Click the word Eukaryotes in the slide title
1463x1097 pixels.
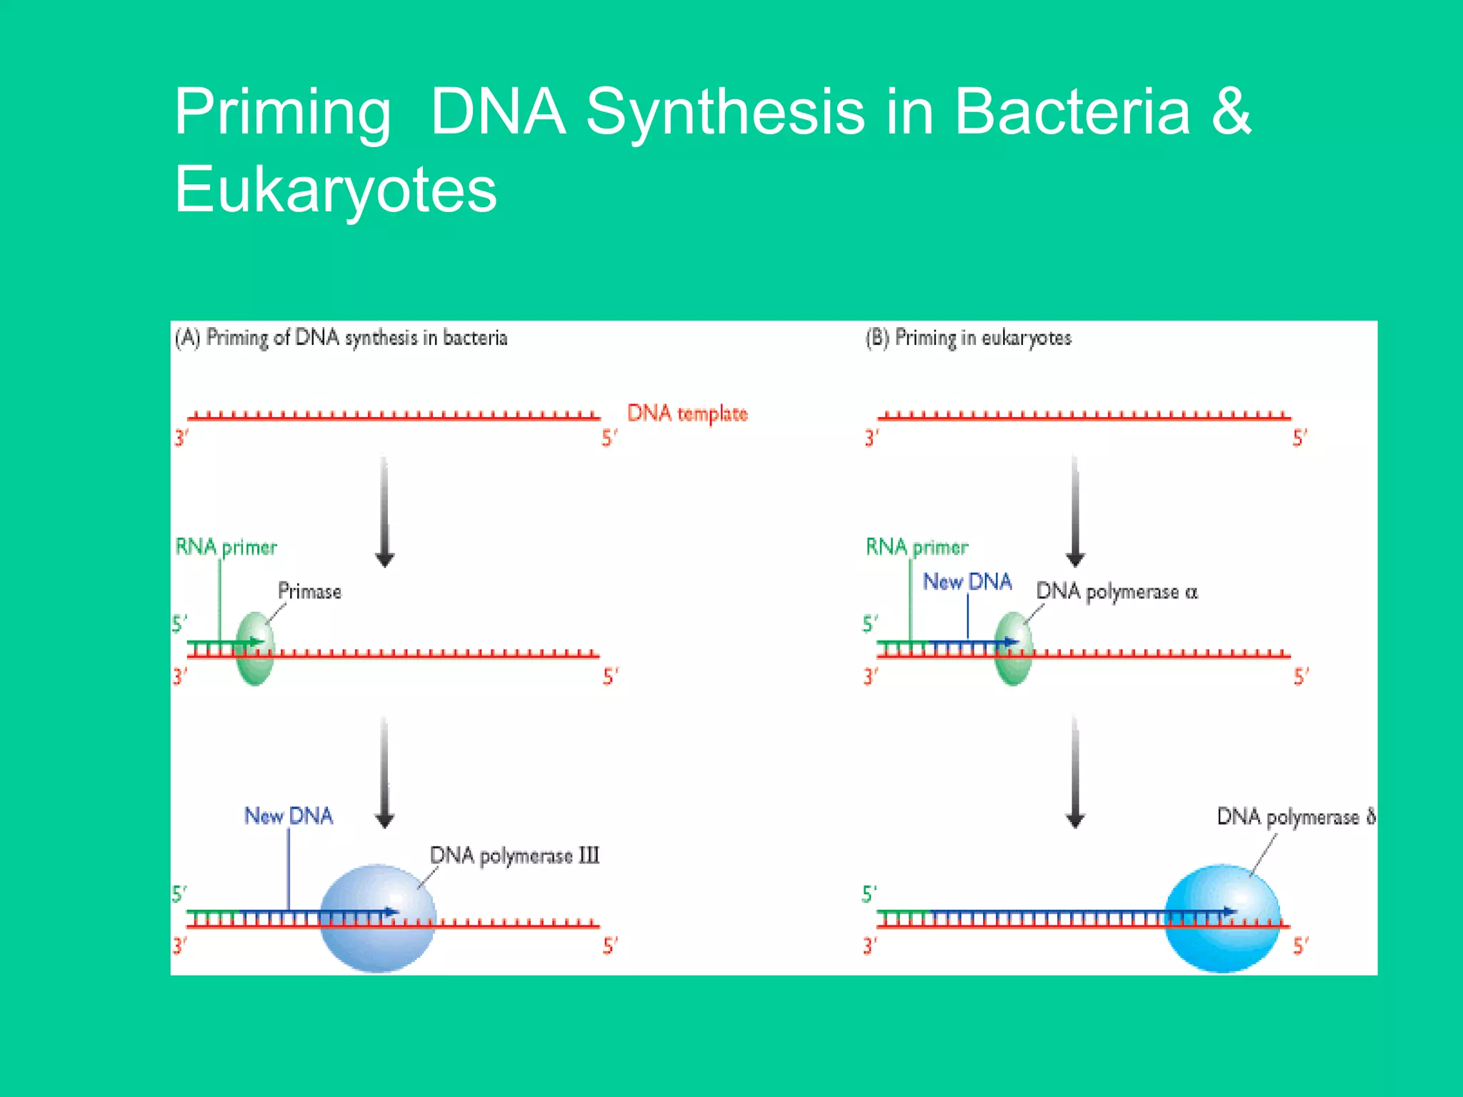click(x=336, y=189)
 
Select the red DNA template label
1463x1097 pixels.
click(x=687, y=414)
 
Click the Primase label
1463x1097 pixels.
click(x=309, y=591)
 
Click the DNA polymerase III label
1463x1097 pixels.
click(x=514, y=856)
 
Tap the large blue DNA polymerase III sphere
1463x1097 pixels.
click(x=377, y=918)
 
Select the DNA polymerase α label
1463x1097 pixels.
click(x=1117, y=592)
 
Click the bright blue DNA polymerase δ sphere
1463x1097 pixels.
click(x=1222, y=918)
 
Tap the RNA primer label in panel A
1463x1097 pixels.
click(x=226, y=548)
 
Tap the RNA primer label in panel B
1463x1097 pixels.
click(x=917, y=548)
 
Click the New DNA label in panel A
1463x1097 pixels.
click(x=289, y=816)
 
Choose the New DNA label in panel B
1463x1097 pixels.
click(x=967, y=582)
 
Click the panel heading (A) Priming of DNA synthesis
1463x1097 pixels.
click(x=341, y=338)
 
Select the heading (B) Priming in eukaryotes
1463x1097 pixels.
click(x=968, y=338)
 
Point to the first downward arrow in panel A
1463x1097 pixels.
click(x=384, y=511)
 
